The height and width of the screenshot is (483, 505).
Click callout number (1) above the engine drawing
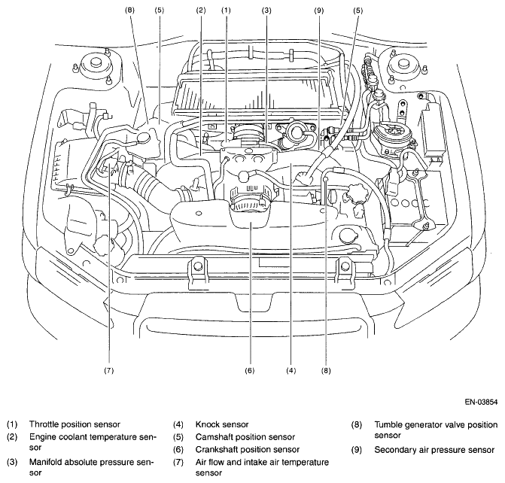coord(226,11)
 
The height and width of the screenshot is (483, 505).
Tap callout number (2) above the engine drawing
coord(201,11)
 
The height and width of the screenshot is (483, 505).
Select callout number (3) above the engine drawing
coord(266,11)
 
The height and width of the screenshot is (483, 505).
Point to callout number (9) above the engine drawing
coord(318,11)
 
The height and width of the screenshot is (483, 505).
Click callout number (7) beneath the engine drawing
coord(109,371)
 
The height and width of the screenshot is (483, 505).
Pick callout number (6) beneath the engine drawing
coord(250,371)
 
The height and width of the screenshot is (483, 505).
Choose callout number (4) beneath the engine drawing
coord(291,371)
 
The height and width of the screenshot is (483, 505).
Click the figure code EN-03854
coord(481,402)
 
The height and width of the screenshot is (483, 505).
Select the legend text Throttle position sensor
coord(75,424)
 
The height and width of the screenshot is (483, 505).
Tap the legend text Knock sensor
coord(222,424)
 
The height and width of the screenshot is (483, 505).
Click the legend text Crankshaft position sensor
coord(248,449)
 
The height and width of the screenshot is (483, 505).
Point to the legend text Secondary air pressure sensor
coord(434,450)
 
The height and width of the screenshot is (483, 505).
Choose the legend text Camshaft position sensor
coord(245,437)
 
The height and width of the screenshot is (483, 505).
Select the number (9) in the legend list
coord(357,450)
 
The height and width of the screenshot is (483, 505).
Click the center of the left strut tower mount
coord(95,63)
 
